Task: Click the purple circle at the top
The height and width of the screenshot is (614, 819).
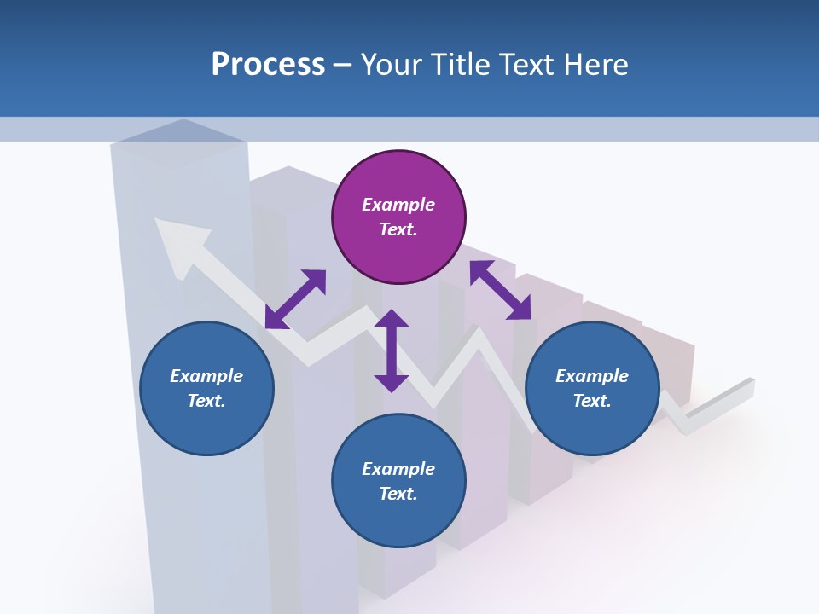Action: tap(398, 217)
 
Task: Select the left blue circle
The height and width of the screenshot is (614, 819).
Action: tap(206, 389)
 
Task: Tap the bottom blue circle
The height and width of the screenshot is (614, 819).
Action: tap(398, 482)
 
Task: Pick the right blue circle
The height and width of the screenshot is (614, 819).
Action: tap(592, 389)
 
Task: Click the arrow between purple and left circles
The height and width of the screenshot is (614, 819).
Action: tap(295, 299)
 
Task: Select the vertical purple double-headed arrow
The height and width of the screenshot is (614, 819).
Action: tap(392, 350)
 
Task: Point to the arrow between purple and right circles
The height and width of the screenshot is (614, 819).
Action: tap(500, 290)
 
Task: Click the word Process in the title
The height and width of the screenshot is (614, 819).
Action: tap(268, 64)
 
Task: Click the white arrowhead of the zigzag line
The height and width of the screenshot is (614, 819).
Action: tap(179, 242)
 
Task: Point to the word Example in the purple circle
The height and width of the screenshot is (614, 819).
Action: tap(398, 205)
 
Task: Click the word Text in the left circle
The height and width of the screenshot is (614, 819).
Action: tap(206, 401)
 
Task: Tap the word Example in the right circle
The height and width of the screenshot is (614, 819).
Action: tap(592, 376)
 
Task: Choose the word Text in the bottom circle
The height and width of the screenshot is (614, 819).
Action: tap(398, 494)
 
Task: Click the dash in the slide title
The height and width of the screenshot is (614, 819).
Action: tap(343, 65)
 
